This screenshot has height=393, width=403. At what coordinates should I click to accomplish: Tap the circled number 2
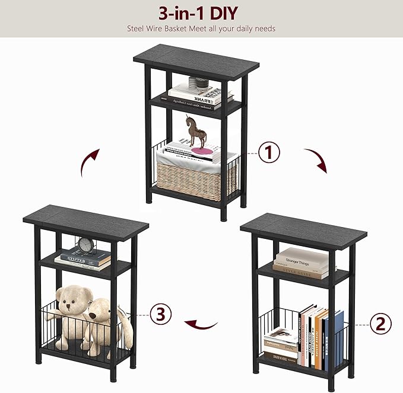tap(380, 324)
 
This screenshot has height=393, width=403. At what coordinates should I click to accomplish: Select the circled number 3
tap(160, 314)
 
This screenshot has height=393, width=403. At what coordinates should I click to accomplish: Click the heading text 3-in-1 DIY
tap(201, 12)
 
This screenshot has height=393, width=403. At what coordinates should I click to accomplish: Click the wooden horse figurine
tap(196, 132)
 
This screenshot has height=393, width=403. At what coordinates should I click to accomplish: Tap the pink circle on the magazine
tap(203, 152)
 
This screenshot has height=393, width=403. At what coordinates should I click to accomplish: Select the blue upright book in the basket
tap(337, 340)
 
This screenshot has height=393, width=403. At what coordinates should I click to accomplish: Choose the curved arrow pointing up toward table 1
tap(90, 162)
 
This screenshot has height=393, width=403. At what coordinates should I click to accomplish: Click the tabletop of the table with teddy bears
tap(85, 218)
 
